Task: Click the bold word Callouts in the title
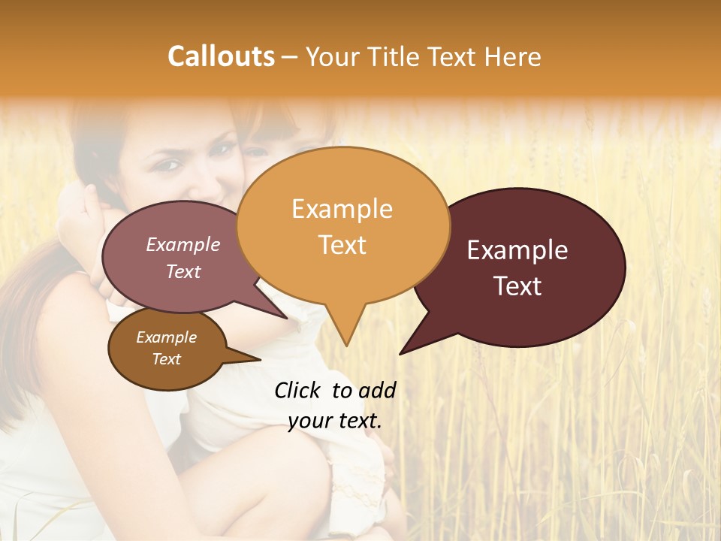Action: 221,56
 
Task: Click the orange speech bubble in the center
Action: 343,225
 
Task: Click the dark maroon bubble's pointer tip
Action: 400,353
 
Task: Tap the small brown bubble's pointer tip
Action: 260,359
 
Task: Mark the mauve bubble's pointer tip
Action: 287,318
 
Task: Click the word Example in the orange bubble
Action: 342,209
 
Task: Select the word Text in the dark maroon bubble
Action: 518,286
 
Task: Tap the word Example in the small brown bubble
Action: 166,337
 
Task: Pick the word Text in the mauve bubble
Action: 183,272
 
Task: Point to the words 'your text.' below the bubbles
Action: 335,422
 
